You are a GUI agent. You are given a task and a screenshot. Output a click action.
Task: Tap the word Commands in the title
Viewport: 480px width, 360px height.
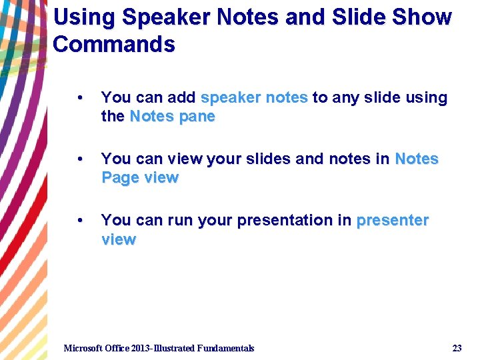(x=114, y=44)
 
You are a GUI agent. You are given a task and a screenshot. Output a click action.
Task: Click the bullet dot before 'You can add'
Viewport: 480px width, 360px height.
(x=80, y=98)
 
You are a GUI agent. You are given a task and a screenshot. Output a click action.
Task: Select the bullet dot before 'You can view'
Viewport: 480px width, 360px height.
(x=80, y=159)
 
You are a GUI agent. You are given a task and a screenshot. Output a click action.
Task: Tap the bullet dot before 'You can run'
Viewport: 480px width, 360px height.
(x=80, y=221)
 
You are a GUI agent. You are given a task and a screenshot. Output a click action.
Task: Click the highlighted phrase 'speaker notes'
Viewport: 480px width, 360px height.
(x=254, y=98)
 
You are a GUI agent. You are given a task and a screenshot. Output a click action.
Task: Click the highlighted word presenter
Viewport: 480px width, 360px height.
(x=393, y=221)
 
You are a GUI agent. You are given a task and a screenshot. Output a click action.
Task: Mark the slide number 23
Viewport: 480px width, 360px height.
(x=457, y=348)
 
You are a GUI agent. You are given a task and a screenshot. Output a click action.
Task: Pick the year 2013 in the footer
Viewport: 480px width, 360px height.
(x=142, y=348)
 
